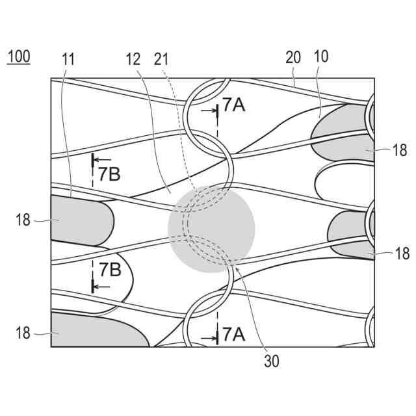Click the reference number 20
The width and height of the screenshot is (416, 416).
(x=293, y=57)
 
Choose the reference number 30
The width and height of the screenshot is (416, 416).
(x=272, y=361)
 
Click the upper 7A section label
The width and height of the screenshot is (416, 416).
(x=233, y=105)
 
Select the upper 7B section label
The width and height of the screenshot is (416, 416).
(x=110, y=174)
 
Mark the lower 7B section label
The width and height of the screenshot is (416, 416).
(x=110, y=268)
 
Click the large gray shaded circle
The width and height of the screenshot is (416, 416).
(x=211, y=227)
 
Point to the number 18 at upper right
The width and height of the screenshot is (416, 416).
(x=400, y=150)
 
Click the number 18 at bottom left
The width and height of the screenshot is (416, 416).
(x=23, y=333)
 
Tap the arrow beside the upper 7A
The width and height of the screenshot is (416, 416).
(x=209, y=111)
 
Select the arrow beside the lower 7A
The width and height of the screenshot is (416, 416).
(x=209, y=339)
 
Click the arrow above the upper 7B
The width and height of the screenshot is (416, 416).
(x=101, y=157)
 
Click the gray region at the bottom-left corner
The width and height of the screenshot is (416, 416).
(x=91, y=331)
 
